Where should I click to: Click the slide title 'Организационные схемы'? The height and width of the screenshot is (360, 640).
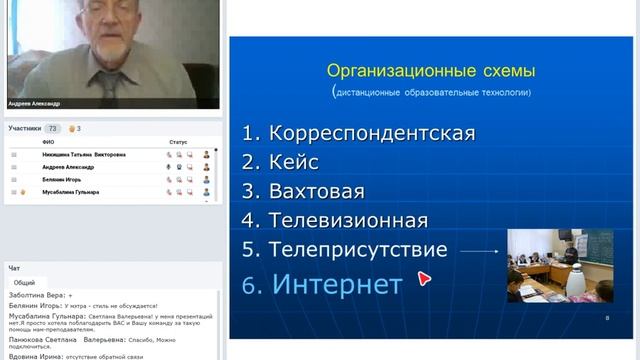(432, 71)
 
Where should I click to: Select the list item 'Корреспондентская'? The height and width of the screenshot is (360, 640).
(358, 132)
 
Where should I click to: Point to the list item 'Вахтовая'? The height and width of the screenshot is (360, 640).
(316, 191)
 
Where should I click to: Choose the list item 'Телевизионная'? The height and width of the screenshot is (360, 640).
(348, 220)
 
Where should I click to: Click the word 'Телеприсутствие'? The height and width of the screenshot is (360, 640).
(358, 249)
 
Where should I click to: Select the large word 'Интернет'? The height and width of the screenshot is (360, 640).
(336, 284)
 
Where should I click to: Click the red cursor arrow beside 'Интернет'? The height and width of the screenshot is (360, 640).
(424, 280)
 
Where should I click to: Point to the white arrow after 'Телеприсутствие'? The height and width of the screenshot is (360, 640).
(482, 252)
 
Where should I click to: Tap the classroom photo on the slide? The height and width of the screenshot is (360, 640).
(560, 265)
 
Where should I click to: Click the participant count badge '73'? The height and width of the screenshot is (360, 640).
(52, 129)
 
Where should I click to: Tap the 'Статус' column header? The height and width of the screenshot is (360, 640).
(178, 143)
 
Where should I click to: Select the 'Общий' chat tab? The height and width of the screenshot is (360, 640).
(24, 283)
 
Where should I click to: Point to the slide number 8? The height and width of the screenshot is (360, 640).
(607, 318)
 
